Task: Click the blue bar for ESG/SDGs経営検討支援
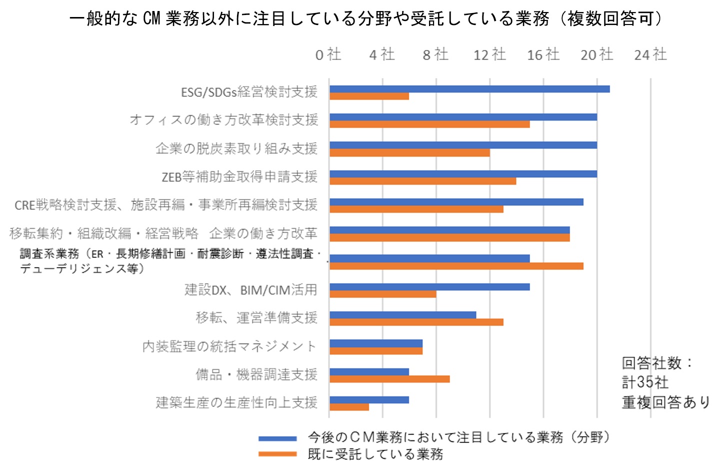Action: (x=469, y=89)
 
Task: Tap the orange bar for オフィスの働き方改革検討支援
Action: (x=429, y=124)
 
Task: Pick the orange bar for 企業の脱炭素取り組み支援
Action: (x=409, y=153)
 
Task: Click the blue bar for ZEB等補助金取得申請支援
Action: (x=463, y=174)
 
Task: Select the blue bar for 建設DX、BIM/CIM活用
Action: (x=429, y=287)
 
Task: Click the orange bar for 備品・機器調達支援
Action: (x=389, y=379)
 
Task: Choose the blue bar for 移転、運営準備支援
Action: (x=402, y=315)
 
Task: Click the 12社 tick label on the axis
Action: (x=489, y=54)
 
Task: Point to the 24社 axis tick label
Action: (x=650, y=54)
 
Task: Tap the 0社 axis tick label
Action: (x=328, y=54)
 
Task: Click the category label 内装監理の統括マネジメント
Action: (x=229, y=346)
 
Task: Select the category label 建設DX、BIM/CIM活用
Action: (x=251, y=290)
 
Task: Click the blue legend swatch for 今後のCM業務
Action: (x=277, y=438)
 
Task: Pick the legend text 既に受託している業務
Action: (x=375, y=454)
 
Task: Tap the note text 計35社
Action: (x=645, y=382)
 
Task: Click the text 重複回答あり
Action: (x=665, y=402)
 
